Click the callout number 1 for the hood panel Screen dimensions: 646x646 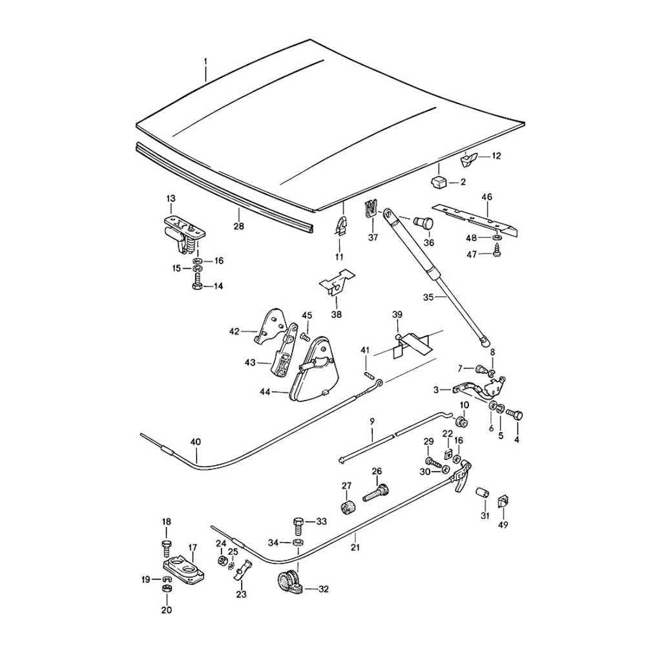[x=205, y=63]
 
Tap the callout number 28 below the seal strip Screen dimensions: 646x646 [x=238, y=225]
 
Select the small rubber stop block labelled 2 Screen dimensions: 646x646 [x=439, y=182]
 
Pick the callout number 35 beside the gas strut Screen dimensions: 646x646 [x=428, y=297]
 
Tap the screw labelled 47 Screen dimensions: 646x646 [x=497, y=253]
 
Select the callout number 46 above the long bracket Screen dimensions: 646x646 [x=486, y=197]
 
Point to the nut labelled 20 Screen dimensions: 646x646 [x=167, y=589]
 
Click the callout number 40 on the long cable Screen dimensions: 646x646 [x=196, y=442]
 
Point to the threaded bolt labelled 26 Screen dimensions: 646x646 [x=375, y=493]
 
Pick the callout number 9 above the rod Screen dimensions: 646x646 [x=372, y=421]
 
